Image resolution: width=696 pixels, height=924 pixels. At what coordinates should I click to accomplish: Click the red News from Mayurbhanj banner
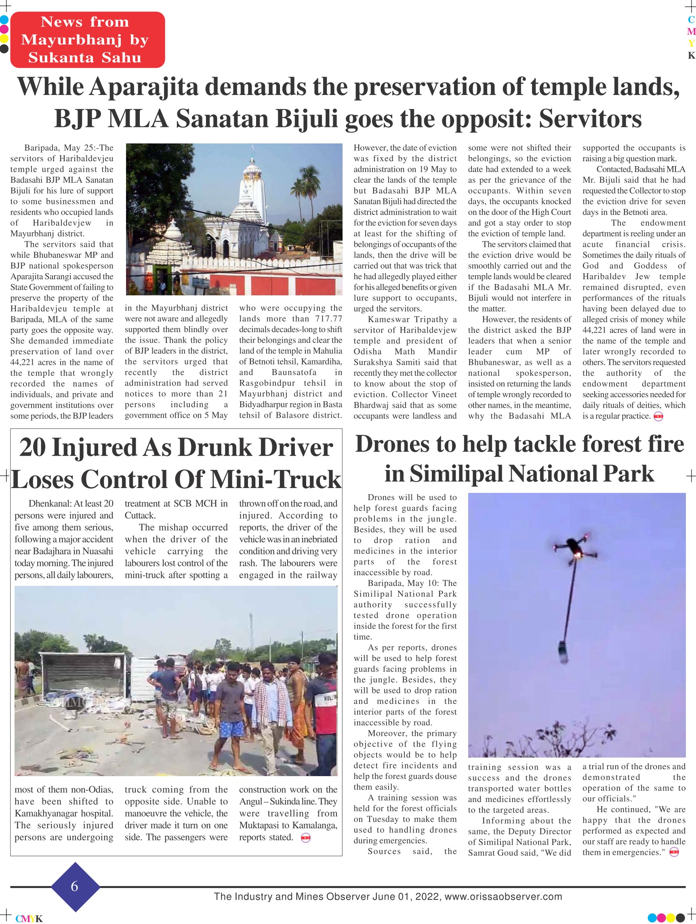pos(87,40)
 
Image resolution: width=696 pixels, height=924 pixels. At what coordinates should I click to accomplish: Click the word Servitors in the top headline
pos(590,119)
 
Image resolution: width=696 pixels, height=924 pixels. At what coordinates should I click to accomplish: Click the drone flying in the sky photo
pos(573,548)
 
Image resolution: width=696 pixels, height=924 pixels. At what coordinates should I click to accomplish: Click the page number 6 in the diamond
pos(75,886)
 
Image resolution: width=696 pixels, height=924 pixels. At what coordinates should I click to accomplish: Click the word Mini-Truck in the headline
pos(275,479)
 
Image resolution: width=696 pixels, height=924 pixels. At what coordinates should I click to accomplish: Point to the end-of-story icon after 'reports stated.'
pos(305,838)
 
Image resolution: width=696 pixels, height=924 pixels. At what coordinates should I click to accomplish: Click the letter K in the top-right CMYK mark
pos(691,56)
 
